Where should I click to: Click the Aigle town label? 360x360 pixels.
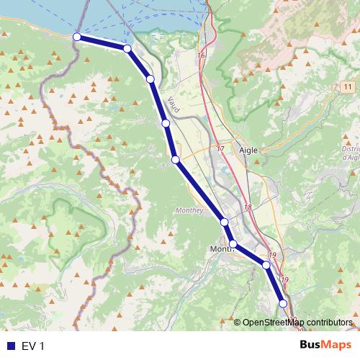point(248,150)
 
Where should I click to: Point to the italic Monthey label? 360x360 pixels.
point(189,210)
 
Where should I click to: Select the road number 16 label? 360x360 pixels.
point(200,55)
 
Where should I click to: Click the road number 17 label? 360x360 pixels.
point(220,148)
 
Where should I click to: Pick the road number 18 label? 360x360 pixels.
point(248,207)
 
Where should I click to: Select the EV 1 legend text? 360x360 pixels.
point(33,346)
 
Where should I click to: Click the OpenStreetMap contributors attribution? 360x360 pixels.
point(297,322)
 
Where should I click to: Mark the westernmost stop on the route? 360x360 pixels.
point(77,36)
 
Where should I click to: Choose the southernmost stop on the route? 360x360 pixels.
point(283,304)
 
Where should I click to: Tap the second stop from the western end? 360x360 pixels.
point(127,48)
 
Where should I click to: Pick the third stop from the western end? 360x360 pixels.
point(150,78)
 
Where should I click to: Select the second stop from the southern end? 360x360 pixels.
point(266,266)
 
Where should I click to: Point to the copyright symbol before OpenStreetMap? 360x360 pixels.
point(237,322)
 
